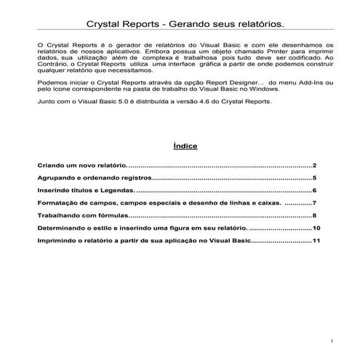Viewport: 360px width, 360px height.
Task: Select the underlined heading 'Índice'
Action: pyautogui.click(x=184, y=145)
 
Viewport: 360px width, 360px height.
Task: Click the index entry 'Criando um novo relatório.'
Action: pyautogui.click(x=82, y=166)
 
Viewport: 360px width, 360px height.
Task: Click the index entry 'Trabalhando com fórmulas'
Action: pyautogui.click(x=83, y=216)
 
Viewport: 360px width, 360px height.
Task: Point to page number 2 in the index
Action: pyautogui.click(x=314, y=166)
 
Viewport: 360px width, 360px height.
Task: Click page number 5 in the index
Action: pyautogui.click(x=314, y=178)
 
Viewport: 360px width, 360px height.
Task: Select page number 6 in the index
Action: pyautogui.click(x=314, y=191)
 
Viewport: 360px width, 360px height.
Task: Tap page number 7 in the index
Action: pyautogui.click(x=314, y=203)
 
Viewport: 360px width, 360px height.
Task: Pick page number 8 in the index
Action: pyautogui.click(x=314, y=216)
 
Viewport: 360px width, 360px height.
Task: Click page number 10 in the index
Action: pyautogui.click(x=316, y=228)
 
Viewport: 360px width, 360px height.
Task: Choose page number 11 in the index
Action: pyautogui.click(x=316, y=241)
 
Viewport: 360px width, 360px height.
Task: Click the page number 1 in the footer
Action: pyautogui.click(x=331, y=340)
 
